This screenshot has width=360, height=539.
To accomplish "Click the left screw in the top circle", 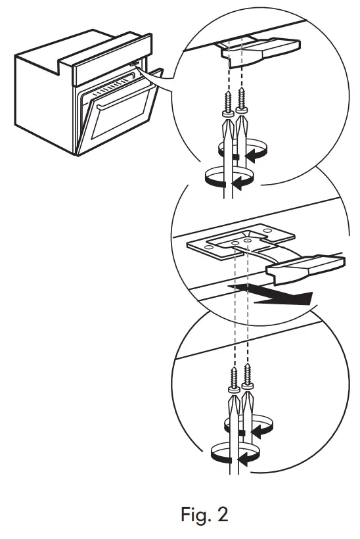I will (227, 105).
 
